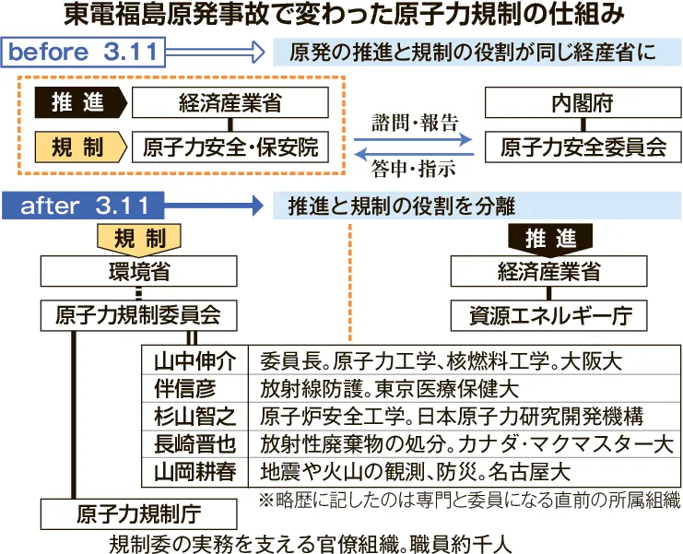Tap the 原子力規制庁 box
pos(138,513)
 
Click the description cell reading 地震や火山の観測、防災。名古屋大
pos(416,473)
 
